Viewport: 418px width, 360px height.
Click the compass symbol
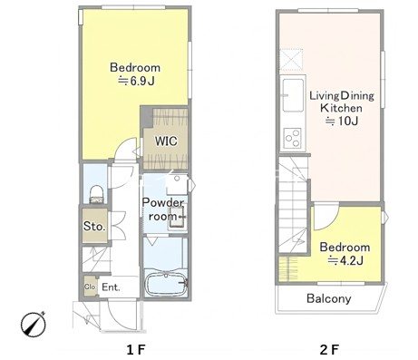(34, 324)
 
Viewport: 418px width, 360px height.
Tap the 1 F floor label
(136, 350)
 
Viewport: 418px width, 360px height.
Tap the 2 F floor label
(329, 350)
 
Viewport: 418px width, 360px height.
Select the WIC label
(166, 141)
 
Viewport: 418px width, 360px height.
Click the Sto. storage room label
(94, 226)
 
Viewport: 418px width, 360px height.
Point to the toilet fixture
(97, 194)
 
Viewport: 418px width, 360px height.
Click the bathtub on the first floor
(166, 284)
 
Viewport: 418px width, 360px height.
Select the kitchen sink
(293, 95)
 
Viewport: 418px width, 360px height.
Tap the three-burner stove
(293, 138)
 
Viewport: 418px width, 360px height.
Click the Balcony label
(329, 298)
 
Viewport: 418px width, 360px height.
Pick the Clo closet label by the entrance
(90, 287)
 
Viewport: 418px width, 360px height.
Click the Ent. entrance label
(111, 287)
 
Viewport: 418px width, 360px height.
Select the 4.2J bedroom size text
(345, 260)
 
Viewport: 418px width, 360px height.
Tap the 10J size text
(342, 121)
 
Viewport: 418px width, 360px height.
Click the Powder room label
(162, 209)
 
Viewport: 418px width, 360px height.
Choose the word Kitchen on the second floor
(341, 108)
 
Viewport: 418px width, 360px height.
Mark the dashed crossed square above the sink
(292, 59)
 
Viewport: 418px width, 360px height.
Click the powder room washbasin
(176, 217)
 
